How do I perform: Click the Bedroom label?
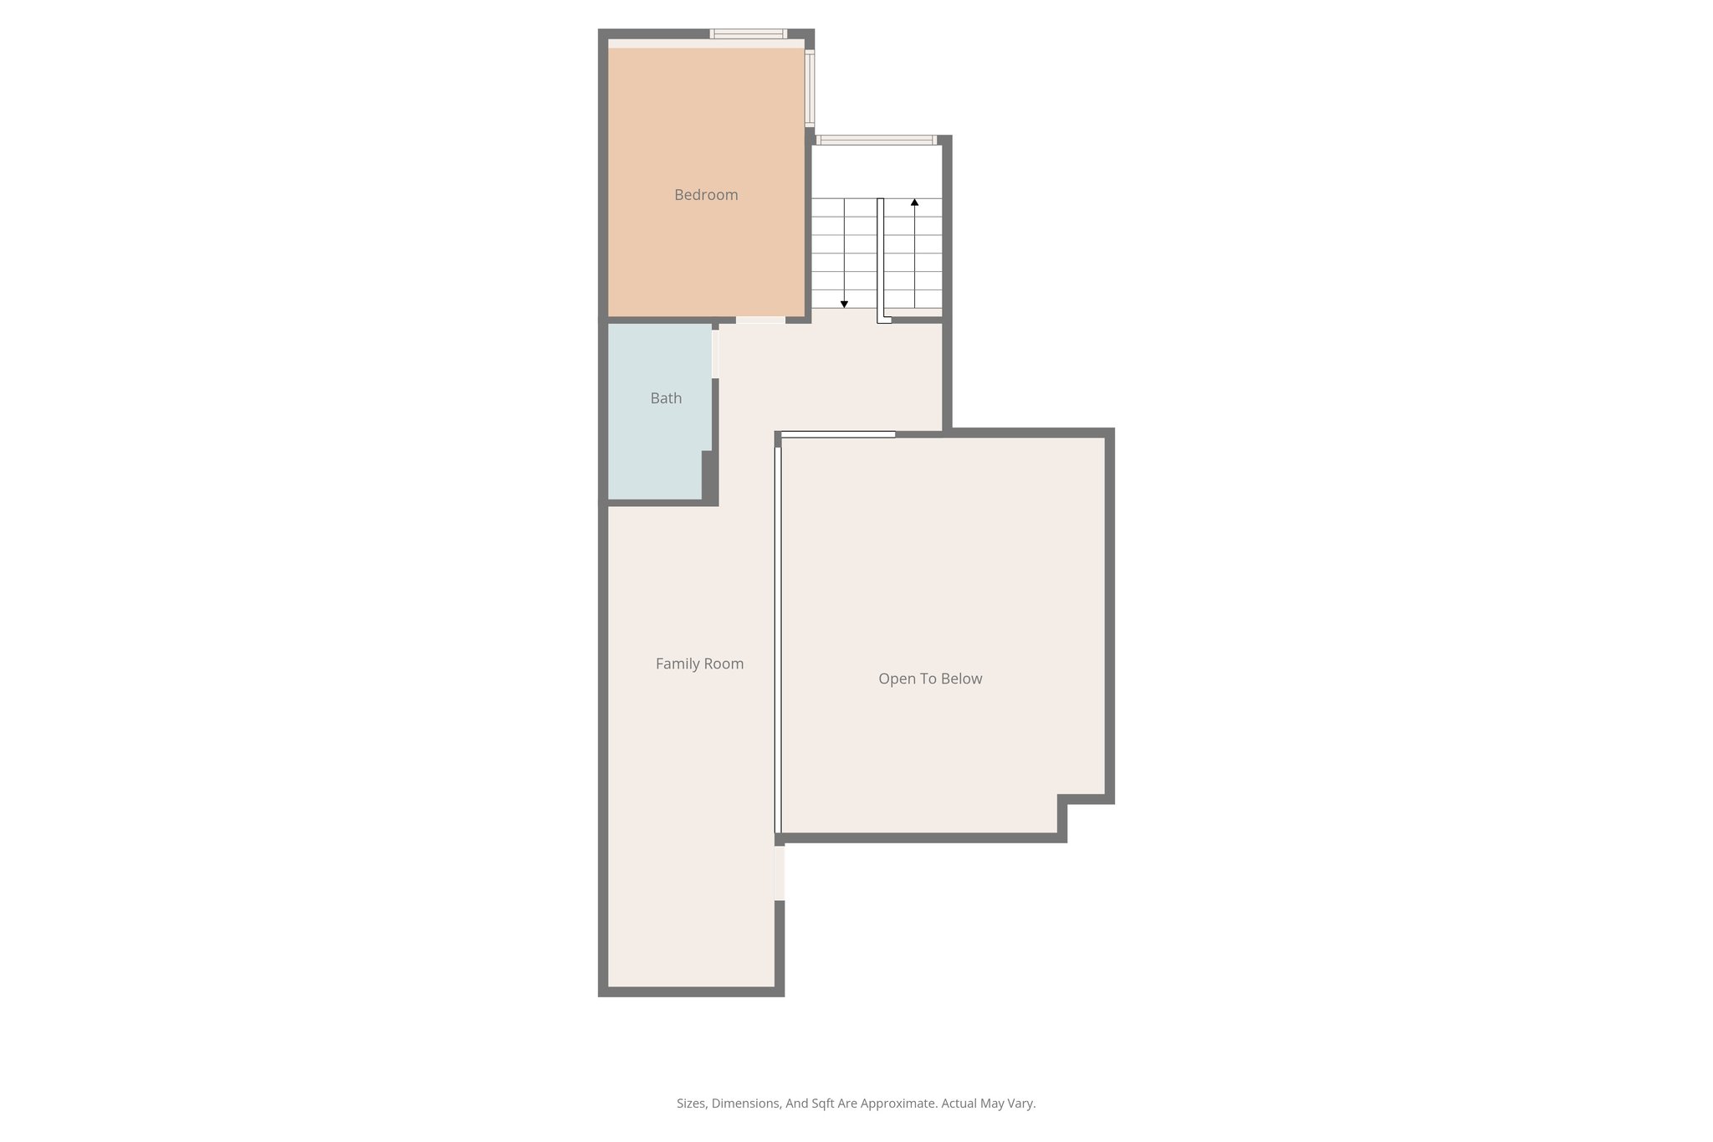click(706, 195)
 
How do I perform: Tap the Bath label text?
click(666, 398)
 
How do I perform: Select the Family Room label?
click(699, 663)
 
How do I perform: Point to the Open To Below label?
click(930, 679)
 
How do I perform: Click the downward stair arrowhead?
click(844, 305)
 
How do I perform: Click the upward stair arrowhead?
click(914, 202)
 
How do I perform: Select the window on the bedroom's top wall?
click(749, 34)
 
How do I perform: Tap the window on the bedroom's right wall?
click(810, 88)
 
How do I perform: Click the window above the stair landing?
click(876, 140)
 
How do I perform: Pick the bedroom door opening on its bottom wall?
click(760, 320)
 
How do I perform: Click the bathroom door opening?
click(715, 354)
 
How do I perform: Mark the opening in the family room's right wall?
click(780, 873)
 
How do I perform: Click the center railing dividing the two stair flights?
click(881, 259)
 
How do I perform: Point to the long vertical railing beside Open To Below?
click(778, 636)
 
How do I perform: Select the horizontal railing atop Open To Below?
click(837, 434)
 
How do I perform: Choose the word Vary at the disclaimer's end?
click(1022, 1104)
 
